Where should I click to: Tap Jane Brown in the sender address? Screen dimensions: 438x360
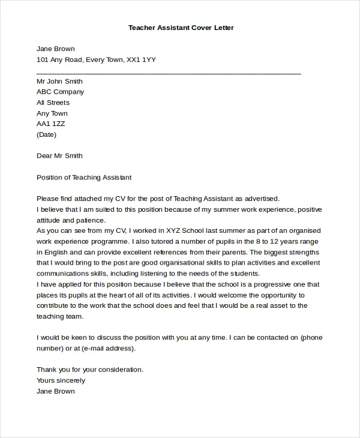click(56, 49)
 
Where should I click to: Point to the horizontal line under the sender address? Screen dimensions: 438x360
click(169, 73)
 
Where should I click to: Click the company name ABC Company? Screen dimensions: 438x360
click(60, 92)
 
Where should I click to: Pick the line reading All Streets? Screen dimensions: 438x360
click(53, 103)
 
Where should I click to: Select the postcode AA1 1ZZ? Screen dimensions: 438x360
click(50, 124)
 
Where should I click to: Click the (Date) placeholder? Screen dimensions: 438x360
click(46, 134)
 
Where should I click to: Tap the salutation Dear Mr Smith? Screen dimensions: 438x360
click(59, 155)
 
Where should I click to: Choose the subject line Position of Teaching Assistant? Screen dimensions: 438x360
click(84, 178)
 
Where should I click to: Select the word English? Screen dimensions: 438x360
click(60, 252)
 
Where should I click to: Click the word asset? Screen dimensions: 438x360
click(277, 305)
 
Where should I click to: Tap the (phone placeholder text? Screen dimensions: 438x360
click(313, 337)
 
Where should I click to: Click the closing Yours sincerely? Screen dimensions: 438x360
click(61, 380)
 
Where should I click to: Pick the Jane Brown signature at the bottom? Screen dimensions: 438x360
click(56, 391)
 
